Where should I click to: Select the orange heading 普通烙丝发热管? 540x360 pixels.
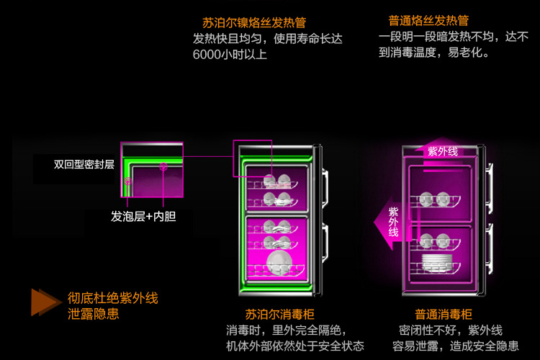[x=428, y=20]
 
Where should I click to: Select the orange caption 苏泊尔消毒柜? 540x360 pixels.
[x=277, y=315]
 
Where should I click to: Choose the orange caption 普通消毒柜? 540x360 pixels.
[x=443, y=315]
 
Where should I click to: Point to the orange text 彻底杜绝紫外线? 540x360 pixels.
[x=112, y=297]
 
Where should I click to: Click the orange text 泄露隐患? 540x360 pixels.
[x=94, y=314]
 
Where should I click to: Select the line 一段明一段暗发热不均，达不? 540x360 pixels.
[x=453, y=37]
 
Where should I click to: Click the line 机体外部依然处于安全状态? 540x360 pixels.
[x=294, y=346]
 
